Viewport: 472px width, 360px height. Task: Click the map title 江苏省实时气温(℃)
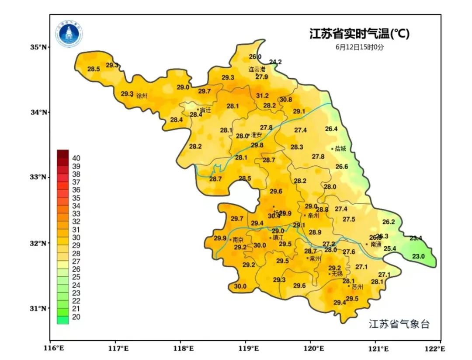click(x=359, y=34)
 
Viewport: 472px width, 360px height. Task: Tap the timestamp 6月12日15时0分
click(x=359, y=46)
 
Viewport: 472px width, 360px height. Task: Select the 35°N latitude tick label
click(x=38, y=47)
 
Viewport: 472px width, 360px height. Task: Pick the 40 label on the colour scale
click(x=76, y=158)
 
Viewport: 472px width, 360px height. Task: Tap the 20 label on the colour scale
click(x=76, y=317)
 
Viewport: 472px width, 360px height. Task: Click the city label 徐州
click(x=142, y=95)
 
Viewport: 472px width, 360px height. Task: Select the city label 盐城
click(x=340, y=149)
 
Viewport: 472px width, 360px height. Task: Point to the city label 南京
click(x=238, y=240)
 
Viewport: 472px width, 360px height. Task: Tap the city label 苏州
click(x=357, y=287)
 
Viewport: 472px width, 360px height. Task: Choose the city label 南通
click(x=375, y=244)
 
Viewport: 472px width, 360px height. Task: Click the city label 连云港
click(x=257, y=69)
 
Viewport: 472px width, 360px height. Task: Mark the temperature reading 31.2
click(x=262, y=95)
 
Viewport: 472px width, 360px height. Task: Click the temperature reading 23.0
click(x=418, y=256)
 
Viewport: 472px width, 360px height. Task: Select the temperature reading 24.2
click(x=275, y=62)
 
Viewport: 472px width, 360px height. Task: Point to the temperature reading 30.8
click(x=286, y=100)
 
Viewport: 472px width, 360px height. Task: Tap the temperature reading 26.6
click(x=342, y=167)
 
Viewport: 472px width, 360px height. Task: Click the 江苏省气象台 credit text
click(x=399, y=324)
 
